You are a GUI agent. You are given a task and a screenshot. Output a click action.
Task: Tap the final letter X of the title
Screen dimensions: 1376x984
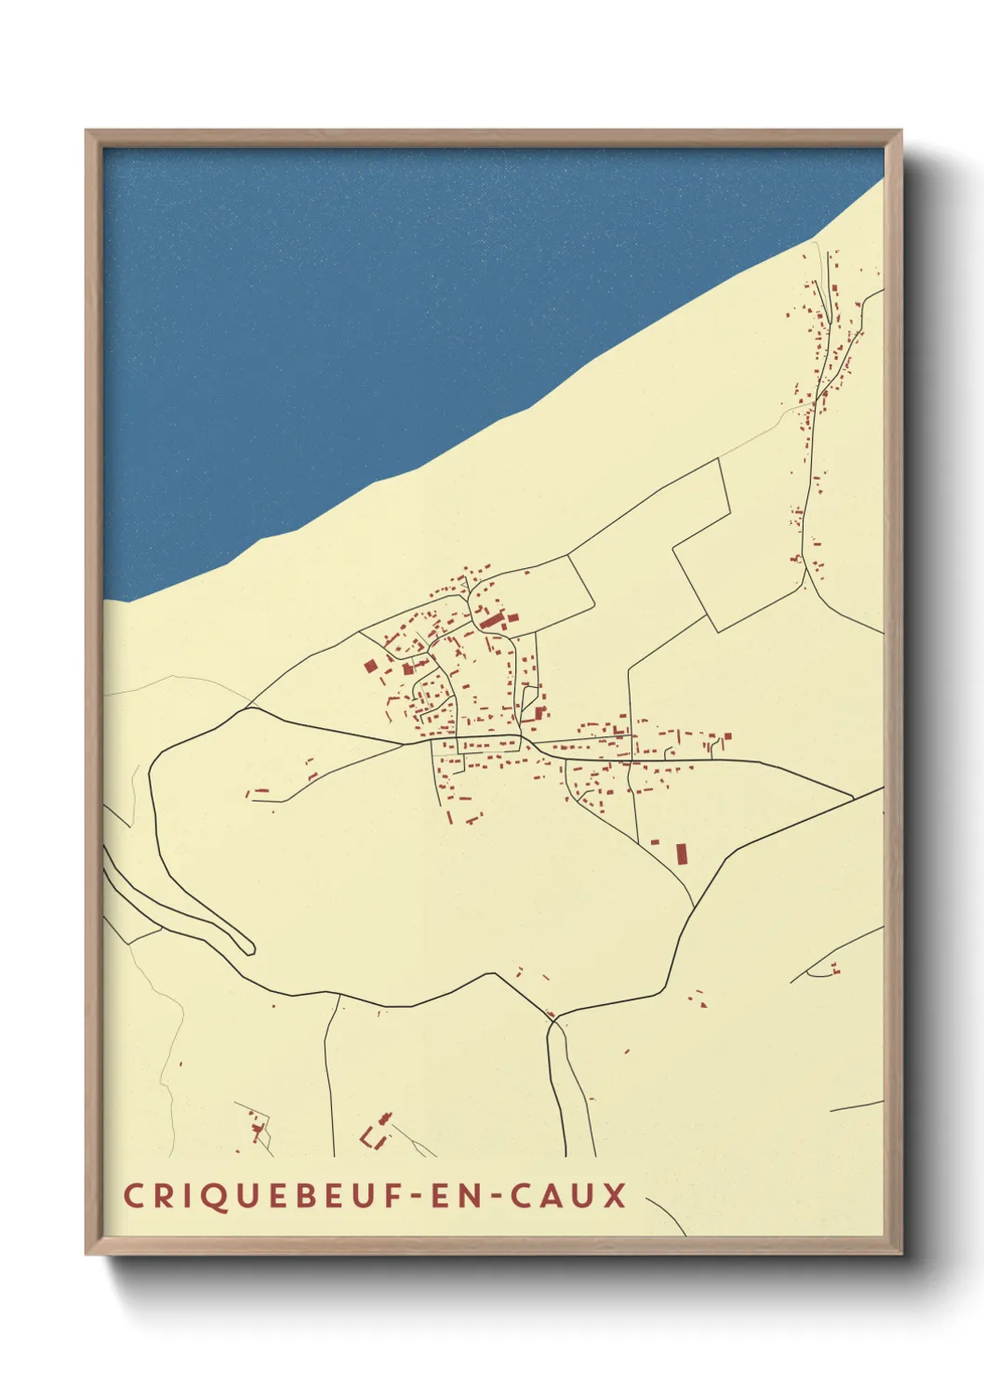[x=615, y=1196]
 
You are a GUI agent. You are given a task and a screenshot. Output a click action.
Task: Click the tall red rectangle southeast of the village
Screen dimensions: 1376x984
[x=681, y=853]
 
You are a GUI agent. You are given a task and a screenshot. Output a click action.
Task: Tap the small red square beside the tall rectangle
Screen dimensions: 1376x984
[x=656, y=841]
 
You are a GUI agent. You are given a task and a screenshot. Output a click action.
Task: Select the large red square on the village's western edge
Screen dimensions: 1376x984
[x=369, y=666]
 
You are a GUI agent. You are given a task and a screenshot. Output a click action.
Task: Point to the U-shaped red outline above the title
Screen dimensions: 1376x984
[x=375, y=1136]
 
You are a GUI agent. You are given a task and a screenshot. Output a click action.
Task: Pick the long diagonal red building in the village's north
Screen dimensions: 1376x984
[x=490, y=619]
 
